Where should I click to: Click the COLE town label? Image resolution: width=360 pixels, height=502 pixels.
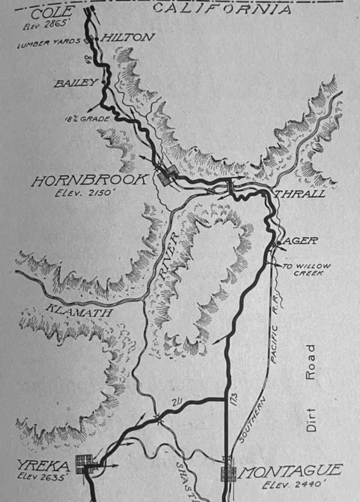tap(47, 12)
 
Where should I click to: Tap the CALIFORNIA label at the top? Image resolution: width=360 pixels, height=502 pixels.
tap(221, 8)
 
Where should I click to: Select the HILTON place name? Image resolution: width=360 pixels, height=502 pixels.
tap(128, 37)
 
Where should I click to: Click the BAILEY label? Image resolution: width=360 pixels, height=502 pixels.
tap(75, 83)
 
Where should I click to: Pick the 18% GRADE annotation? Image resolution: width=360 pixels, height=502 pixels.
tap(87, 119)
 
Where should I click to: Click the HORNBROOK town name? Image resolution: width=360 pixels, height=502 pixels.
tap(89, 181)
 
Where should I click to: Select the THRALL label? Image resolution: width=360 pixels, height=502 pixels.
tap(300, 194)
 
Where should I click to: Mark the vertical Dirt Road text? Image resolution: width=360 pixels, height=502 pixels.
tap(311, 387)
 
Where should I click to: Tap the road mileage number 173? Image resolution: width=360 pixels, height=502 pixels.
tap(233, 404)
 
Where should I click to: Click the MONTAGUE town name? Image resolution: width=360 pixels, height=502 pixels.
tap(291, 471)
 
